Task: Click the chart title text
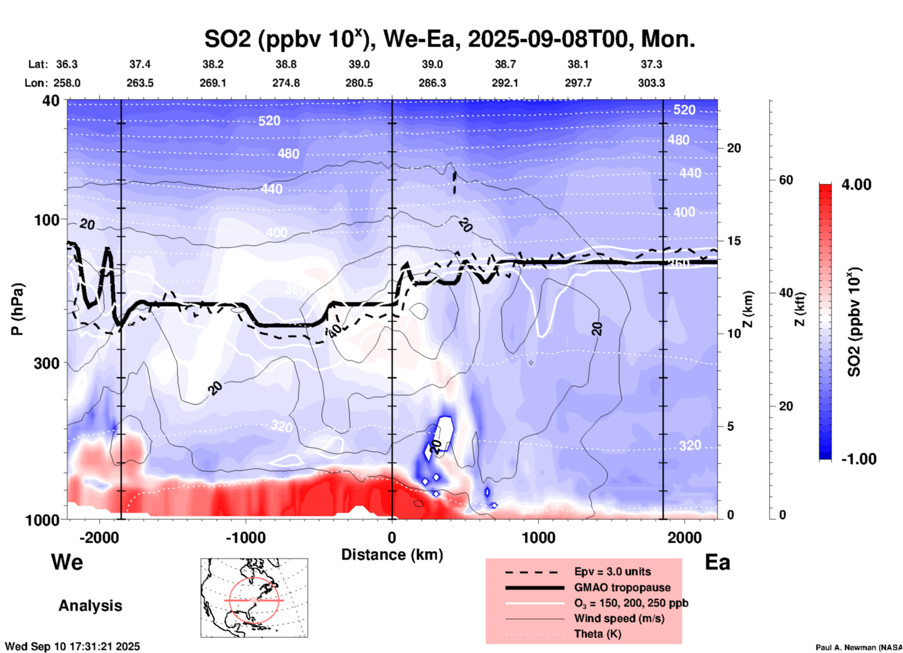click(x=449, y=39)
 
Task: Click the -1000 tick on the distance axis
click(x=245, y=537)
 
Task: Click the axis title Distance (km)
click(x=392, y=555)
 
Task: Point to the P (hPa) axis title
click(x=17, y=309)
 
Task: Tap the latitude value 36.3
click(x=67, y=64)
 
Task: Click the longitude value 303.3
click(x=651, y=83)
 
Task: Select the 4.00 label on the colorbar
click(x=856, y=185)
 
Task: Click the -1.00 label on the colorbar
click(x=858, y=459)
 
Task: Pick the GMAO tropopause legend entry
click(x=622, y=587)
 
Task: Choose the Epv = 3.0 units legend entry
click(x=612, y=571)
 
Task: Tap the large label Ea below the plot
click(x=717, y=563)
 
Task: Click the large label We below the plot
click(x=67, y=562)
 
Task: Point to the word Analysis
click(x=90, y=606)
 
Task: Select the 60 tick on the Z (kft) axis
click(x=786, y=180)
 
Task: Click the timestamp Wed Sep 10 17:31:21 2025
click(x=72, y=646)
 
